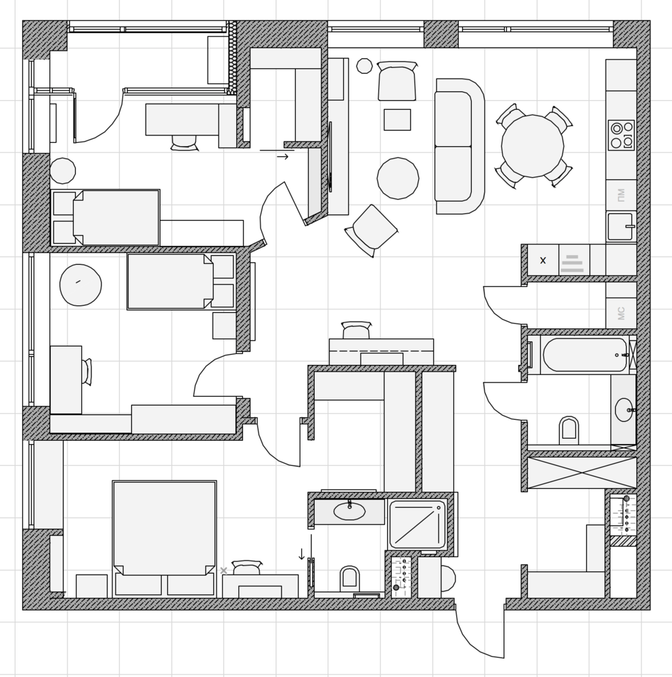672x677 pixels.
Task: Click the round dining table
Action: [x=533, y=146]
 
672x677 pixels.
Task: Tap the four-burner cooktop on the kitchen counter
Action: [x=621, y=135]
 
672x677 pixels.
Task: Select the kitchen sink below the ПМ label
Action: [x=621, y=226]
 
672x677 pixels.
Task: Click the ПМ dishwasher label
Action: [x=621, y=195]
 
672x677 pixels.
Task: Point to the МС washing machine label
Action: [x=621, y=313]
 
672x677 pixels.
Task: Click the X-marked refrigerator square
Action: [x=543, y=260]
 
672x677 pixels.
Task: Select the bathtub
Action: [x=585, y=355]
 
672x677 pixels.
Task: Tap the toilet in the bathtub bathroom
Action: [x=568, y=431]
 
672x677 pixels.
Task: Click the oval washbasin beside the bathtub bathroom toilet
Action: [x=624, y=410]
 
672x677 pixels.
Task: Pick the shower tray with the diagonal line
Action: [x=418, y=524]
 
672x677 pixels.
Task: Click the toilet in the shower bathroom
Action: [x=350, y=579]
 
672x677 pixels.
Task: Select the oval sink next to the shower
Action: [x=350, y=512]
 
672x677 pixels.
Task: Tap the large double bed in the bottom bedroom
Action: [x=164, y=539]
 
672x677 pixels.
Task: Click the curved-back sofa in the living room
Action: [x=460, y=146]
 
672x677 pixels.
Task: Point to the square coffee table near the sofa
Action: [x=397, y=120]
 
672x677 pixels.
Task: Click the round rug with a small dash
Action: [x=81, y=285]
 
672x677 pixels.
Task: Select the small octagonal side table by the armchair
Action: [x=364, y=66]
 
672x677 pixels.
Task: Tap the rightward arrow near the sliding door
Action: [x=283, y=157]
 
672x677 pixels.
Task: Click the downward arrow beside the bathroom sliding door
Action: [x=302, y=554]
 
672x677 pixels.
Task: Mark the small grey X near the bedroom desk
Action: [x=223, y=571]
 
